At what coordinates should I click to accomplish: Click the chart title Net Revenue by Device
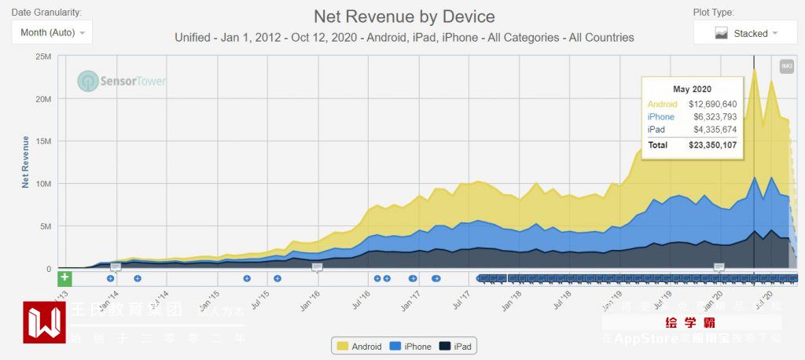[404, 17]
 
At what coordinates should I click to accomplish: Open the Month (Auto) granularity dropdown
[52, 33]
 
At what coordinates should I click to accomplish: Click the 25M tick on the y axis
[42, 57]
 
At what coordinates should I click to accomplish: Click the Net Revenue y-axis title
[26, 161]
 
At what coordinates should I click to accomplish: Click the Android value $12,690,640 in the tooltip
[712, 104]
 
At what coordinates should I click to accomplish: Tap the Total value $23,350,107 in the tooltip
[712, 145]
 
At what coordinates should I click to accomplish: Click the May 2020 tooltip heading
[692, 89]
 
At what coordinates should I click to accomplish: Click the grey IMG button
[786, 67]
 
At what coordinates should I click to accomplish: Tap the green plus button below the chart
[64, 277]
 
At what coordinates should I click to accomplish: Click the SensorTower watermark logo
[122, 81]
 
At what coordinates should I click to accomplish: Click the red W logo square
[44, 322]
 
